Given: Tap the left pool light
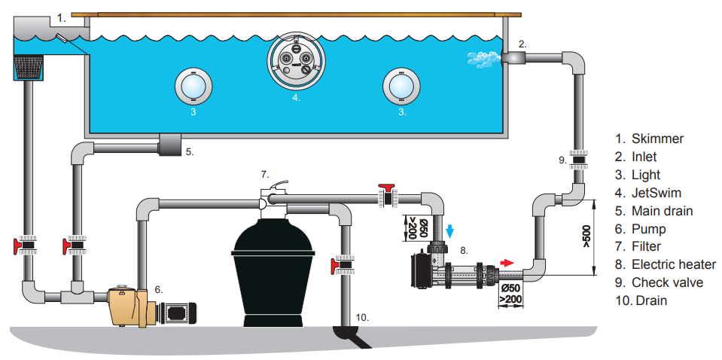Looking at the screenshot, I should click(x=193, y=86).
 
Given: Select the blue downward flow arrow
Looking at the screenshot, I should click(x=449, y=230).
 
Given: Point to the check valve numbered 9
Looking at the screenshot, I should click(x=577, y=159).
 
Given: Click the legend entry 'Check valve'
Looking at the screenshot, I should click(x=666, y=282).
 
